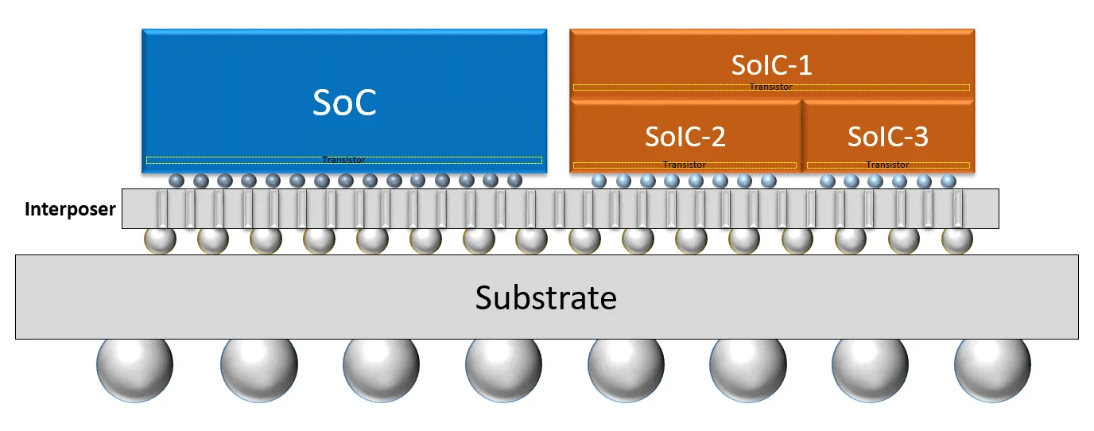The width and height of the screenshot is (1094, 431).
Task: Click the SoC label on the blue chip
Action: click(x=344, y=103)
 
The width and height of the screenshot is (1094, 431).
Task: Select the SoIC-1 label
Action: click(x=772, y=65)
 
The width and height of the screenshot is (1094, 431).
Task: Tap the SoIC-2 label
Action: click(x=685, y=136)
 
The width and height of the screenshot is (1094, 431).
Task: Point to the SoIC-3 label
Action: click(x=888, y=136)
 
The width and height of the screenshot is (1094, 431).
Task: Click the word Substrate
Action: click(x=546, y=297)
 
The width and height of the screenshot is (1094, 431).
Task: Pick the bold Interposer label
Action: click(x=70, y=209)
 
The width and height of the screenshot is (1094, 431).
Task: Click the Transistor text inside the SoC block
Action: click(x=343, y=160)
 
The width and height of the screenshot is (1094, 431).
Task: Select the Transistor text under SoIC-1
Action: click(x=771, y=87)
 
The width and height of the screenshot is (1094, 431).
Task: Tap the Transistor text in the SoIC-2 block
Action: click(x=685, y=165)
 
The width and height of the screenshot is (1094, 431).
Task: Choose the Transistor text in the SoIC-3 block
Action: click(x=887, y=165)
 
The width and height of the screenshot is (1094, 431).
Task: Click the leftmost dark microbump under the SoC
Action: click(x=177, y=181)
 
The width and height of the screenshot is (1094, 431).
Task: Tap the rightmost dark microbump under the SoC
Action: click(x=514, y=181)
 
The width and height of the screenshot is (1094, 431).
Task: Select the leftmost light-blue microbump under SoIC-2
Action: click(x=599, y=181)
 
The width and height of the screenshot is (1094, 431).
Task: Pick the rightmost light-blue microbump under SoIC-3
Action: click(x=948, y=181)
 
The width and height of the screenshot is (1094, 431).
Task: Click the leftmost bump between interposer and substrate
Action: click(x=160, y=240)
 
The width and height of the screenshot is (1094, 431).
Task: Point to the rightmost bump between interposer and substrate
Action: click(x=956, y=240)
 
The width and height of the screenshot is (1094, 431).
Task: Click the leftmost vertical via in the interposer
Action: click(x=162, y=209)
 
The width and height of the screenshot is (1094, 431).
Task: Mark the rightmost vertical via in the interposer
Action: click(x=957, y=209)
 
